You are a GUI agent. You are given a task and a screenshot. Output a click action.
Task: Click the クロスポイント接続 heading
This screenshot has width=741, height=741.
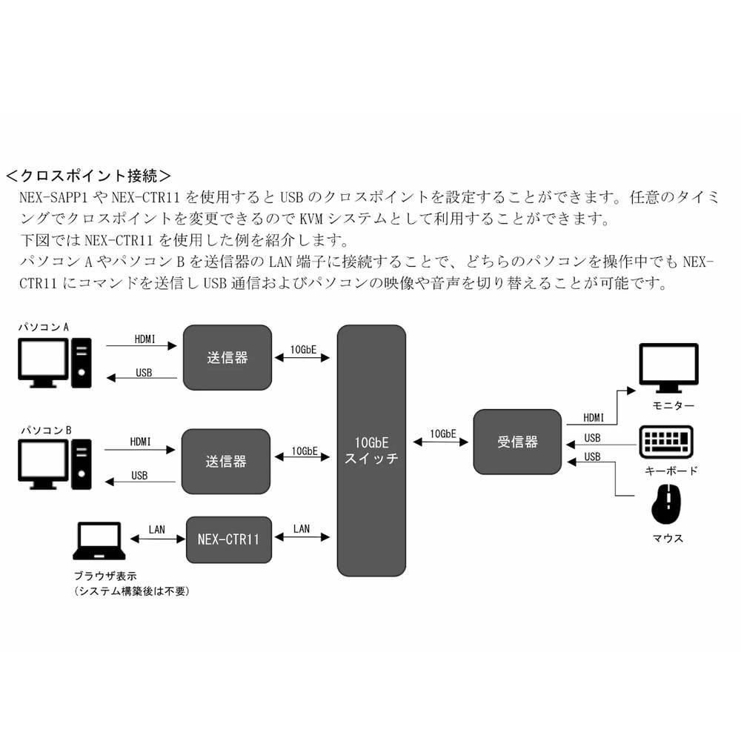[x=88, y=176]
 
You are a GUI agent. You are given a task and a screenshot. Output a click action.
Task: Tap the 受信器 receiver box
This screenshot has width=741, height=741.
[x=517, y=442]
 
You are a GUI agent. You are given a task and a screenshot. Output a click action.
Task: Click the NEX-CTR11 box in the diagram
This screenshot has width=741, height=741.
[x=227, y=539]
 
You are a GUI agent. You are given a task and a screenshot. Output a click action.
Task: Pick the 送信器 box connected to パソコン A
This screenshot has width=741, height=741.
[x=227, y=357]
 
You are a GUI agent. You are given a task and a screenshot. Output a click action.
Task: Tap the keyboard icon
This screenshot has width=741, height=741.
[x=667, y=442]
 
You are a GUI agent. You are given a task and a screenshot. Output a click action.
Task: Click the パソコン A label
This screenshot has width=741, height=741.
[x=44, y=327]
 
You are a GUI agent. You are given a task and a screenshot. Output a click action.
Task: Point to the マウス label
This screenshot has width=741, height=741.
[x=668, y=539]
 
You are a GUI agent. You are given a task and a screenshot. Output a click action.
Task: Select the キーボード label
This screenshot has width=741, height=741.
[x=671, y=471]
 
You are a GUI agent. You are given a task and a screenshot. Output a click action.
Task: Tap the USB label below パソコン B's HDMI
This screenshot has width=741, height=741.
[x=139, y=475]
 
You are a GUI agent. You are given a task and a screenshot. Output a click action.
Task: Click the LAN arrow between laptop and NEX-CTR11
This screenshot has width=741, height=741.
[x=156, y=539]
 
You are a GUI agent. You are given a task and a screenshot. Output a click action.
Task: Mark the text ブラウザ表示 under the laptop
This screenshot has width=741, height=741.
[x=104, y=576]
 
